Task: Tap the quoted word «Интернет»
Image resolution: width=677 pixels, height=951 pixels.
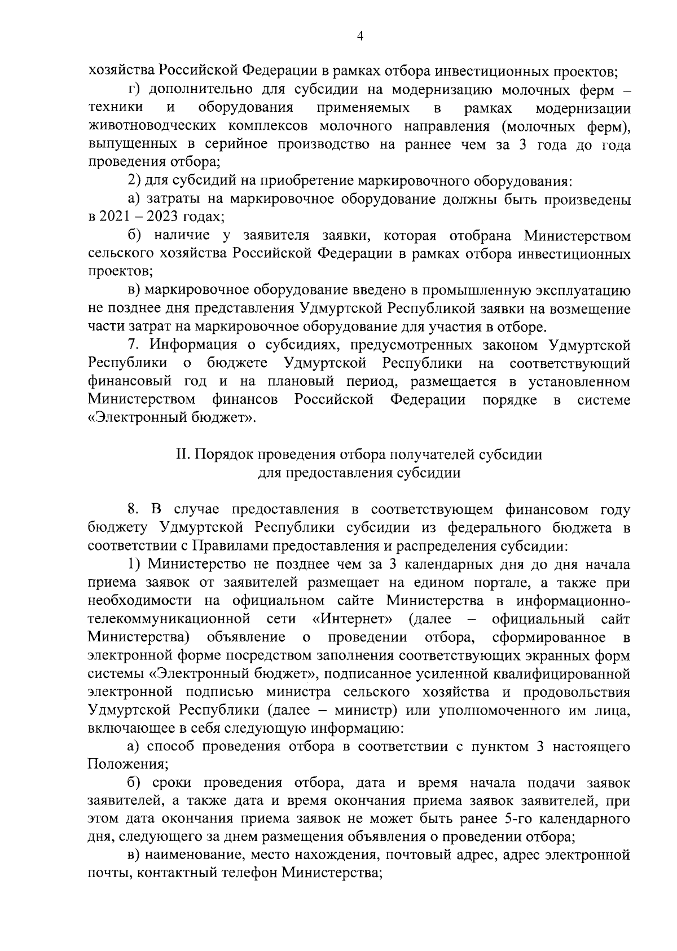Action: point(353,619)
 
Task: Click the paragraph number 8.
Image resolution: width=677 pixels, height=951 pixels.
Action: point(133,509)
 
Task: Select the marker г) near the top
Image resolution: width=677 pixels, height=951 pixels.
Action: point(133,90)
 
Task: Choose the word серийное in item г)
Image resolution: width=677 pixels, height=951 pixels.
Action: point(311,144)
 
